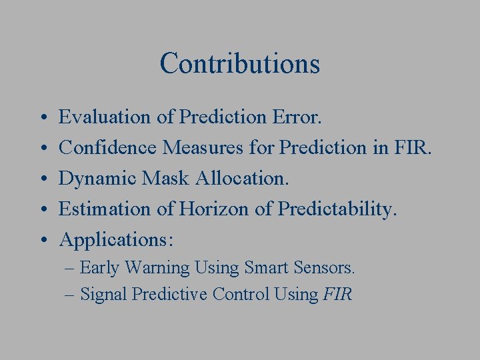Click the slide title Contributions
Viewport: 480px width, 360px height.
point(240,63)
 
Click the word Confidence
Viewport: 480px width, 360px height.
point(109,148)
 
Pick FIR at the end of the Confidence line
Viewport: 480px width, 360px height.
point(413,148)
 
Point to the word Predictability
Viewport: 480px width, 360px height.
point(337,209)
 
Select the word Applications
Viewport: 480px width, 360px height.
point(115,240)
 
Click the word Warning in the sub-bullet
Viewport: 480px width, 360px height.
point(157,268)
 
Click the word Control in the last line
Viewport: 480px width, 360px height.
point(241,294)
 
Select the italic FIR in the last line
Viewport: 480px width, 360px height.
point(337,294)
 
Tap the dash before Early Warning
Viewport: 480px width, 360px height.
point(71,269)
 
